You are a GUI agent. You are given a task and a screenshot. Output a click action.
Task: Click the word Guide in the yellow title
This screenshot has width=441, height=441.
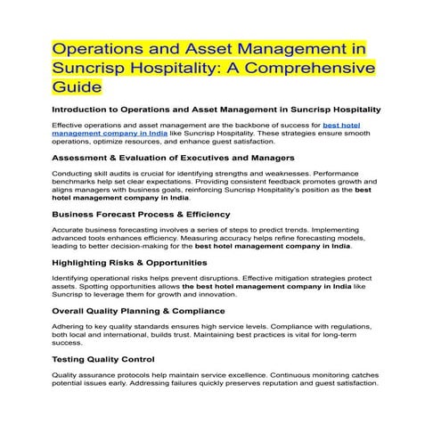pyautogui.click(x=78, y=88)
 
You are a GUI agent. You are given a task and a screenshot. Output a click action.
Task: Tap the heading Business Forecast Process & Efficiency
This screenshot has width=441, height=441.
pyautogui.click(x=142, y=214)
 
